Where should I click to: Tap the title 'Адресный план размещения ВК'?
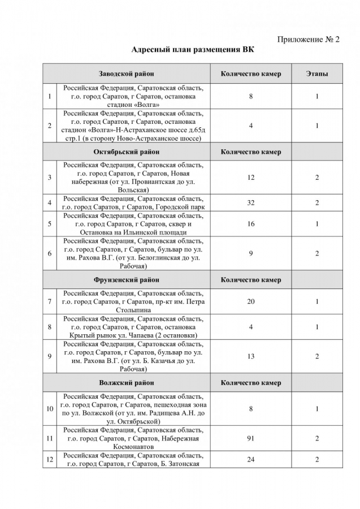193,50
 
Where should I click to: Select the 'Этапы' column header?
317,74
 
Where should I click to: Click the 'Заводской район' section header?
127,74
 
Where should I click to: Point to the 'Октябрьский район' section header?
127,152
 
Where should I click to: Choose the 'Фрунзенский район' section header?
127,279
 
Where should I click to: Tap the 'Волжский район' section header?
127,383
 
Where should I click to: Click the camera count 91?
251,438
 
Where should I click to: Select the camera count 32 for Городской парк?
251,202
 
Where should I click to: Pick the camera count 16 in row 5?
251,224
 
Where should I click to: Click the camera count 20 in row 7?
251,301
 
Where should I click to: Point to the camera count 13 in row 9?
251,356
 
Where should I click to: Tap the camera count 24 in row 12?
251,460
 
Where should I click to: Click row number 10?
50,408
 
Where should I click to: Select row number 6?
50,253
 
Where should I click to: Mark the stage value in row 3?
317,178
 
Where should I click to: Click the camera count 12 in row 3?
251,178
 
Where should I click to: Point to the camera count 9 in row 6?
251,253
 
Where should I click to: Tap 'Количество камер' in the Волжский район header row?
251,383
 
